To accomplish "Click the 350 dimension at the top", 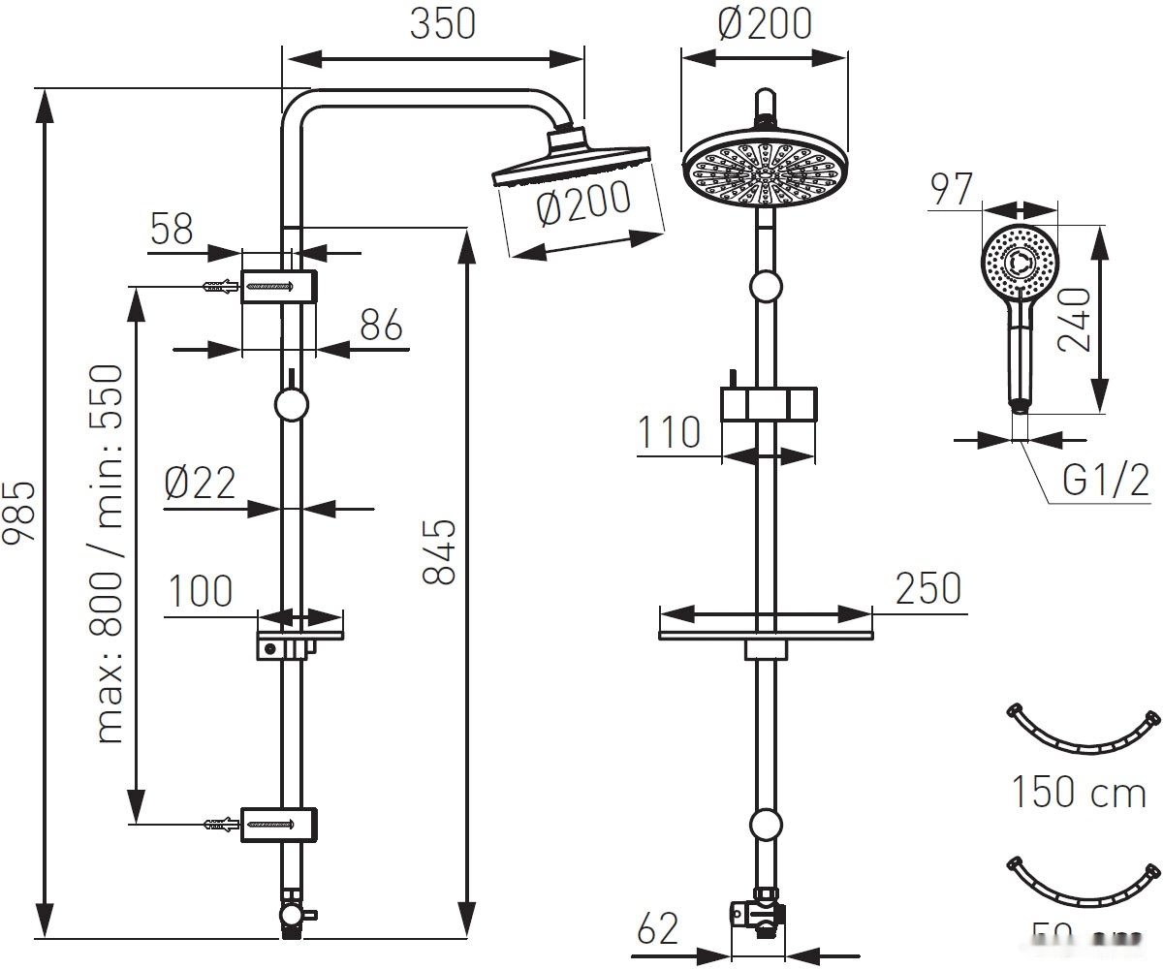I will [443, 24].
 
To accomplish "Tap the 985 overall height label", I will [21, 511].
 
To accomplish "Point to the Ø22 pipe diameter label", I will [200, 482].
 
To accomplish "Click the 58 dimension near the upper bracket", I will [173, 230].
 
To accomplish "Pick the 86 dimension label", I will [381, 327].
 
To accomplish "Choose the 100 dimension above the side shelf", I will [201, 590].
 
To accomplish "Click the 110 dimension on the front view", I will [669, 432].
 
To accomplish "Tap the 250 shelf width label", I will [927, 588].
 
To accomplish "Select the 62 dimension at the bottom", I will [659, 931].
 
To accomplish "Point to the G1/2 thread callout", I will [1106, 480].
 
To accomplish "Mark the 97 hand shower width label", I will [950, 190].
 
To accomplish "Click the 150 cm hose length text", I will [1079, 792].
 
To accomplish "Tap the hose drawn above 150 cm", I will [1079, 732].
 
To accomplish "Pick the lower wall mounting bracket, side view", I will [279, 824].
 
